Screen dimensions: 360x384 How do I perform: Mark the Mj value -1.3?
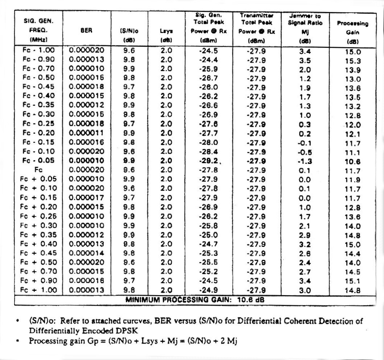305,161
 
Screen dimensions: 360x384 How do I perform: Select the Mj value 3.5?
305,59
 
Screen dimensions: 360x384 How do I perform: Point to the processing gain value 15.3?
352,61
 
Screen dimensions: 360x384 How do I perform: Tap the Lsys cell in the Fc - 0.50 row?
166,78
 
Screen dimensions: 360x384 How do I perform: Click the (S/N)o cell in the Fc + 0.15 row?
129,198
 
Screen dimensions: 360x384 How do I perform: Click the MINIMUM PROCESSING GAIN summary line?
196,300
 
